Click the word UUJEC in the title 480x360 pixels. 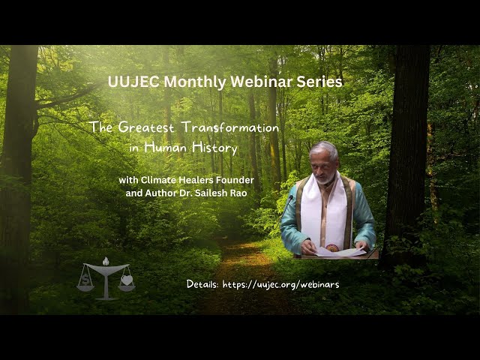(133, 82)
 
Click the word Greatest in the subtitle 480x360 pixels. (145, 127)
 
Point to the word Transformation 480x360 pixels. (229, 127)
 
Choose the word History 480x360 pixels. (214, 148)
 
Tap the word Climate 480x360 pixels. (158, 180)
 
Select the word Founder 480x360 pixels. (235, 180)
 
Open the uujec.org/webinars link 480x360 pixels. (280, 285)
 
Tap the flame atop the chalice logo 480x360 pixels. (106, 261)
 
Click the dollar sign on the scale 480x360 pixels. (84, 280)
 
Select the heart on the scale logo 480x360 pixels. (127, 280)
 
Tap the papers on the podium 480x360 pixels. (340, 252)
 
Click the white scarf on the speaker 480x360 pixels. (324, 211)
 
